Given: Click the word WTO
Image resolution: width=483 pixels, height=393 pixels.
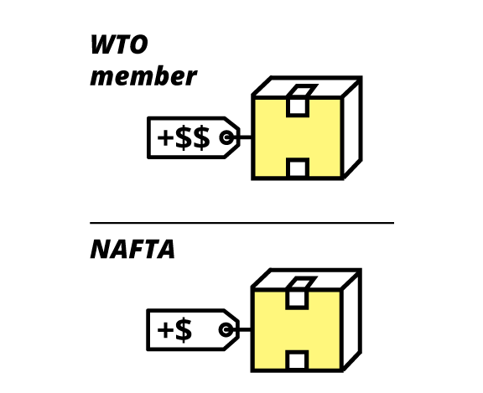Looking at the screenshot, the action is tap(119, 44).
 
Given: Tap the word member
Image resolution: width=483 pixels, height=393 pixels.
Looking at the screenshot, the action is tap(143, 76).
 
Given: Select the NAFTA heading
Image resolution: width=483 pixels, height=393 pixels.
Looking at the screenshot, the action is tap(132, 249).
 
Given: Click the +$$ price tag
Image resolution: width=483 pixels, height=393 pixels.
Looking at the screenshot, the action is tap(194, 137).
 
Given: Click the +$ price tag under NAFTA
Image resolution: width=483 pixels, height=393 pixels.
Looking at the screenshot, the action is tap(193, 329).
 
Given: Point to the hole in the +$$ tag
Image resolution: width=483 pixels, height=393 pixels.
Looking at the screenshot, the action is tap(226, 137).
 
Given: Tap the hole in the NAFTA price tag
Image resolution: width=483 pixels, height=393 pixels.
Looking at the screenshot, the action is tap(226, 329).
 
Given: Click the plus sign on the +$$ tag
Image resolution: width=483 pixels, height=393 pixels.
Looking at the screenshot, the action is tap(165, 137).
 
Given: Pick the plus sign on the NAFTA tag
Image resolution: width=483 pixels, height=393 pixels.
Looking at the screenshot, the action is tap(165, 330).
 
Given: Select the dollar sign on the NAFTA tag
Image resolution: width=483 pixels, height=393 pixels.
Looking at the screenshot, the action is tap(184, 330).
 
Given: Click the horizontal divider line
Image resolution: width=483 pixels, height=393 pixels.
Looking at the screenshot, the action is tap(241, 223).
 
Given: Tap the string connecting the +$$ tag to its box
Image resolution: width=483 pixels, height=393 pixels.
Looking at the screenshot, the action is tap(246, 137).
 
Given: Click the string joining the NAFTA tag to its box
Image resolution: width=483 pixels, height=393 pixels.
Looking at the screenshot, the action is tap(245, 329).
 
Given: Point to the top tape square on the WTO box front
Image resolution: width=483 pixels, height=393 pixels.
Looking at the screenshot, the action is tap(298, 106).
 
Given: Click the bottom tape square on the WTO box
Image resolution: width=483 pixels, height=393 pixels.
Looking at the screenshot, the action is tap(298, 168).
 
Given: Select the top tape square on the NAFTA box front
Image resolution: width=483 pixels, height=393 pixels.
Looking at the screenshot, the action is tap(297, 299).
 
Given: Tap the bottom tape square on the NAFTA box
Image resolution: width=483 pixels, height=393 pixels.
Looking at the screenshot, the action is tap(297, 360).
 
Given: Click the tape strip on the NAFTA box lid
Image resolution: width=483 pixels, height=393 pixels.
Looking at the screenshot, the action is tap(302, 282).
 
